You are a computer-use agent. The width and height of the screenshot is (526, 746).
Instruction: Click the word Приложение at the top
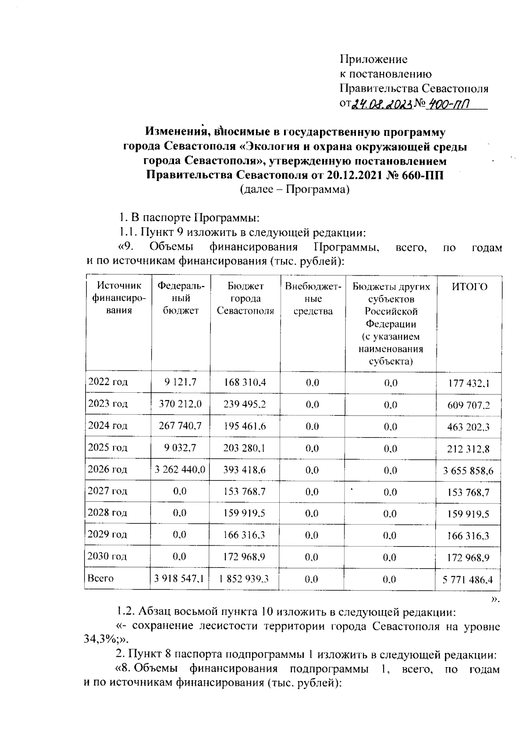click(x=374, y=59)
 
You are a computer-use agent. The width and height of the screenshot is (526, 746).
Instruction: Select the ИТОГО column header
click(x=469, y=287)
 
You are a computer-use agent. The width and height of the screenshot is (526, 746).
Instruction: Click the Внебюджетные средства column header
click(x=313, y=299)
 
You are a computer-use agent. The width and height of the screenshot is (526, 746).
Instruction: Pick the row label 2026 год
click(x=108, y=469)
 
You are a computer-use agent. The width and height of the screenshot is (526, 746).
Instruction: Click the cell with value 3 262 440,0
click(x=180, y=470)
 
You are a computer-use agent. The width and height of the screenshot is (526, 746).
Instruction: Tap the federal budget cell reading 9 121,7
click(x=180, y=382)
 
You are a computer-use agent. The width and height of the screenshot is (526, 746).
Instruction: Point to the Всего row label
click(x=101, y=579)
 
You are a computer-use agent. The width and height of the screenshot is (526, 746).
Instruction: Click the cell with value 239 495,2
click(x=245, y=404)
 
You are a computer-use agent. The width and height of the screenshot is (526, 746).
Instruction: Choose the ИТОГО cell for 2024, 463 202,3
click(x=469, y=427)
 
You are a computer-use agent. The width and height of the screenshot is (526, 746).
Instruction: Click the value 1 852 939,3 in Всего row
click(x=245, y=579)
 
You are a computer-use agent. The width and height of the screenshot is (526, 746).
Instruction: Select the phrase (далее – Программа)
click(x=295, y=190)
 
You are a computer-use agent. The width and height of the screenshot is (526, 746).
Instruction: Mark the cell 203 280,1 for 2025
click(x=245, y=448)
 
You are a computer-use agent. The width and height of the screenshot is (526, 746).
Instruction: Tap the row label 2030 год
click(x=108, y=557)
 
